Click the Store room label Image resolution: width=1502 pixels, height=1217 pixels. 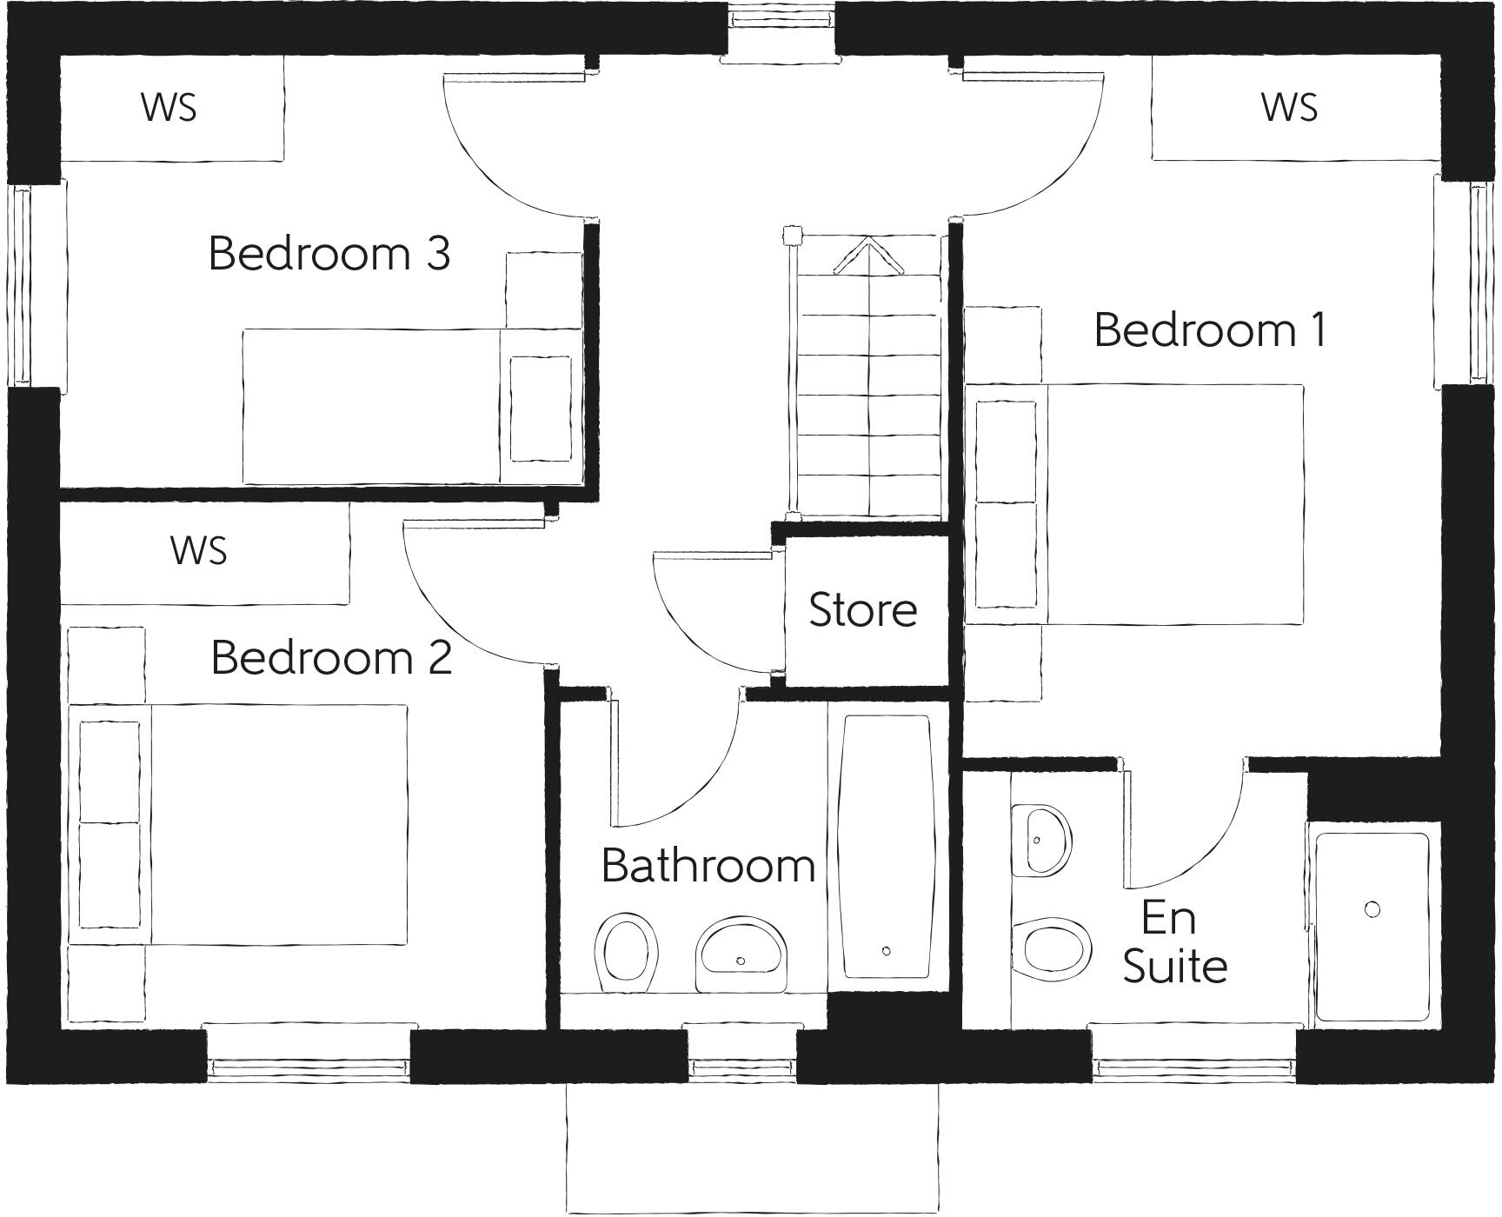point(862,610)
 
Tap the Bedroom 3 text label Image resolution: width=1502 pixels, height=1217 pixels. point(329,254)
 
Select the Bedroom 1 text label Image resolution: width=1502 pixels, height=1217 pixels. point(1210,330)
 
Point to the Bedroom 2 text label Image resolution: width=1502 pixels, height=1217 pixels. point(331,657)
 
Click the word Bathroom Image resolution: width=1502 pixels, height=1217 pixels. point(708,866)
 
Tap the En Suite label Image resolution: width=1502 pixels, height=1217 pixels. point(1173,942)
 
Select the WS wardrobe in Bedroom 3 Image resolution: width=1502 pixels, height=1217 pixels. point(170,108)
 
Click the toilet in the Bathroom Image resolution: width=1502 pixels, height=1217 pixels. point(625,952)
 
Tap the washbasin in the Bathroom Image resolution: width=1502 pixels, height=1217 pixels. point(741,953)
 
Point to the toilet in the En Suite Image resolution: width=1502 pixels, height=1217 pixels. point(1053,948)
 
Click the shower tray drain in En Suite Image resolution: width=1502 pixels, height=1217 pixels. point(1372,909)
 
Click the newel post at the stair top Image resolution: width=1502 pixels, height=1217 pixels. point(791,236)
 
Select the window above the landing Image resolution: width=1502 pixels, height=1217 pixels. point(780,16)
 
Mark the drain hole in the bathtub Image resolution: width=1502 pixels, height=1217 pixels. point(887,951)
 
